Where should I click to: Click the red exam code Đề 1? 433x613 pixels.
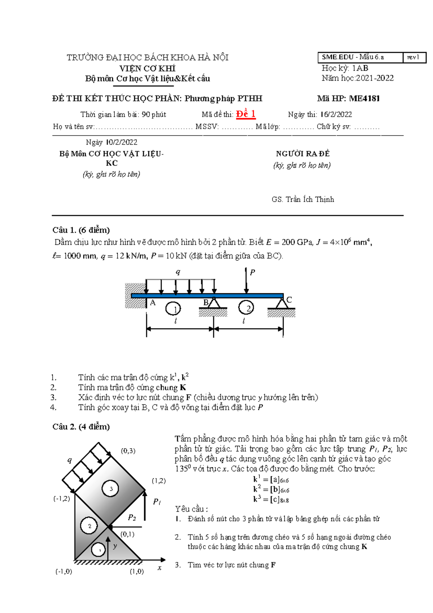(246, 114)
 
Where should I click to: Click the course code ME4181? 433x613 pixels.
(364, 98)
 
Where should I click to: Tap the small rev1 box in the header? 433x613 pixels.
(414, 57)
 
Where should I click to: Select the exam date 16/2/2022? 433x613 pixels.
(336, 115)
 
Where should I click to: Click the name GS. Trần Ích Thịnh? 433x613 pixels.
(303, 200)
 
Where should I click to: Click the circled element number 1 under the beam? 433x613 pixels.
(173, 309)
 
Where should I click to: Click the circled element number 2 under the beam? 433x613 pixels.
(246, 308)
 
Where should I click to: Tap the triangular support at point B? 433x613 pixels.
(214, 303)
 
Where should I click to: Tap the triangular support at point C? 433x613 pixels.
(282, 303)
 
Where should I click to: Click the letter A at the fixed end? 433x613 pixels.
(153, 303)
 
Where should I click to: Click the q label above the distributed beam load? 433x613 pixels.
(178, 272)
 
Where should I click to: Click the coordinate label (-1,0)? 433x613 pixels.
(64, 571)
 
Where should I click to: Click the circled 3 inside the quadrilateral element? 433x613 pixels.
(111, 489)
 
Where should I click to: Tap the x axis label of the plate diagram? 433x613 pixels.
(159, 568)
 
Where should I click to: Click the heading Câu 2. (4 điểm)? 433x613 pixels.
(81, 426)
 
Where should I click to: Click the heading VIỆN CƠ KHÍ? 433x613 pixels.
(147, 68)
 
